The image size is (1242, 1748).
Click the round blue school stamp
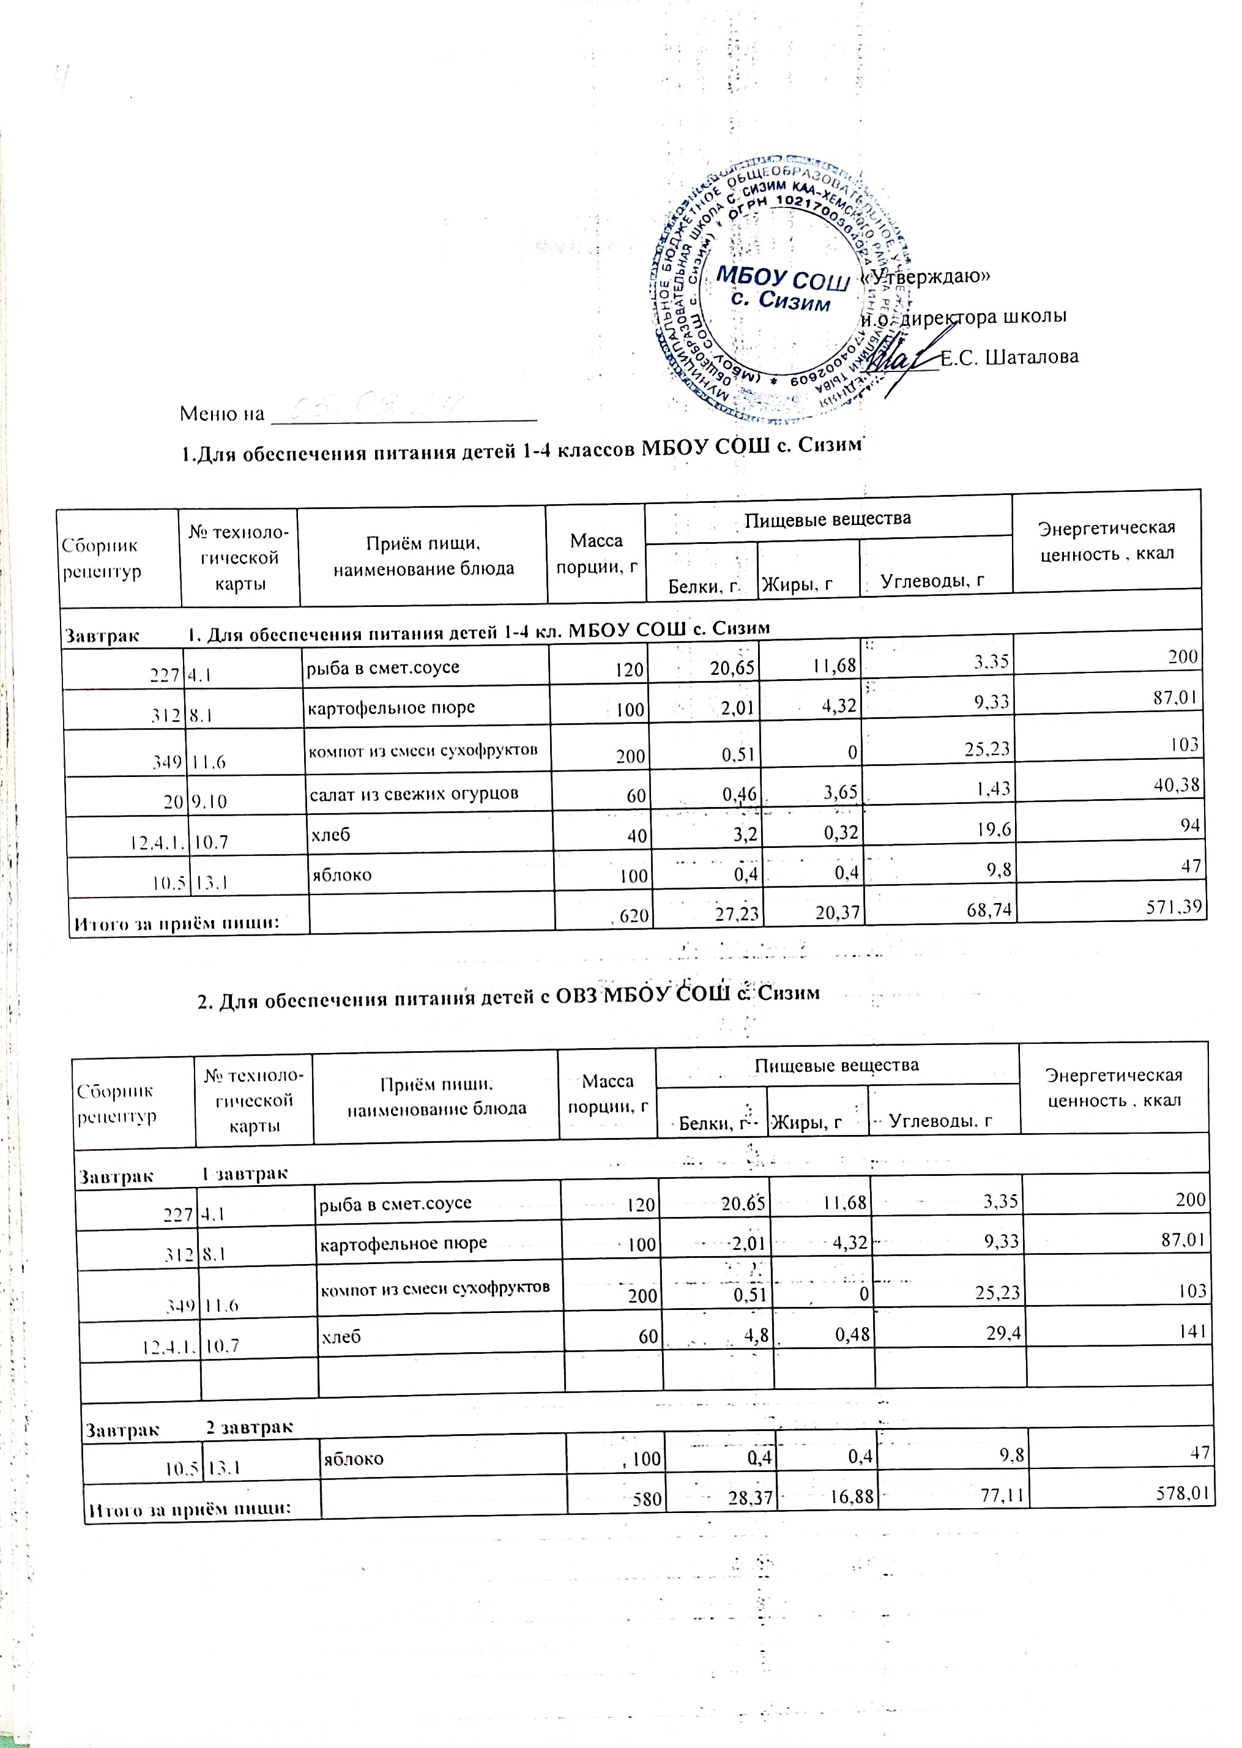coord(780,289)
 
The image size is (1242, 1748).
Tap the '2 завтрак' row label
coord(248,1427)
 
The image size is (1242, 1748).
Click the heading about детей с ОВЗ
coord(508,993)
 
